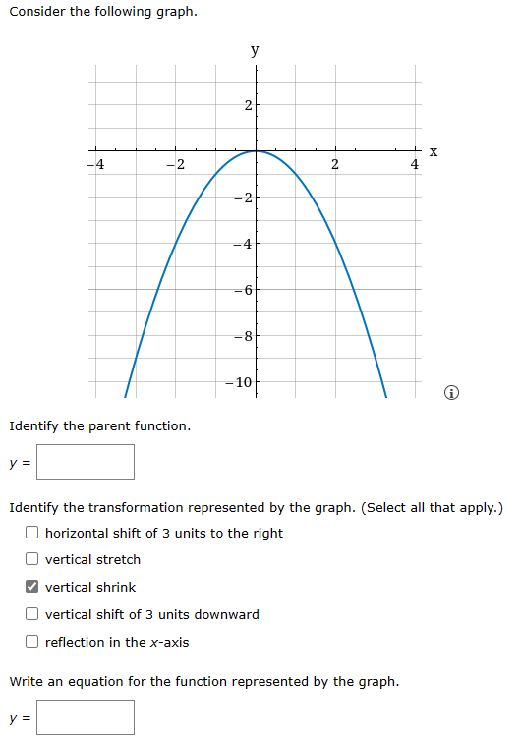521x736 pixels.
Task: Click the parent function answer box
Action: (x=86, y=462)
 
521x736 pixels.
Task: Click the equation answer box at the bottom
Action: (x=86, y=717)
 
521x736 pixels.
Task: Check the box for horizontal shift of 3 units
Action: (x=32, y=533)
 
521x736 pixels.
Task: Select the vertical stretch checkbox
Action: (x=32, y=560)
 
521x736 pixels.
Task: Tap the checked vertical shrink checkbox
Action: (x=32, y=588)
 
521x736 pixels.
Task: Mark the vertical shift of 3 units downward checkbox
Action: (x=32, y=615)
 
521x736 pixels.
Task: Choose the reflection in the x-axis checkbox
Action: (x=32, y=643)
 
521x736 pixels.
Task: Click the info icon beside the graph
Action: (x=451, y=394)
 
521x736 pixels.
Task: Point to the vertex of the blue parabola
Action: (x=256, y=151)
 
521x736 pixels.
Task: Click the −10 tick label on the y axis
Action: (x=243, y=381)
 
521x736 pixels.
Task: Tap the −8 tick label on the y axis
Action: (x=245, y=336)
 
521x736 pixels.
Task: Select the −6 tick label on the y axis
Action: (x=245, y=290)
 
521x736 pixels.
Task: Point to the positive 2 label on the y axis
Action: (x=248, y=105)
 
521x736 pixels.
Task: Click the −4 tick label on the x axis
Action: (x=95, y=164)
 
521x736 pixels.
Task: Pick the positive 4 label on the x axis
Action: (x=414, y=165)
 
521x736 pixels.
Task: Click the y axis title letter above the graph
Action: (x=255, y=49)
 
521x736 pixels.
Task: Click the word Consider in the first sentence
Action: (x=37, y=12)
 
